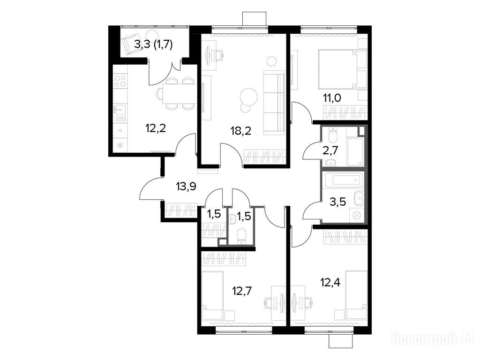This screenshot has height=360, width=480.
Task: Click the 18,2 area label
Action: tap(240, 131)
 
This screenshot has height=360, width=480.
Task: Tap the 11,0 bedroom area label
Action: tap(332, 98)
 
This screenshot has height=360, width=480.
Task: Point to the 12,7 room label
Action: tap(242, 290)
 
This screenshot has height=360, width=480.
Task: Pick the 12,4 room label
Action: tap(330, 282)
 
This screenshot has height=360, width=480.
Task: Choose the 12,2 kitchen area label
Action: tap(156, 128)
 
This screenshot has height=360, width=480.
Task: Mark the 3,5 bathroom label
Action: tap(337, 202)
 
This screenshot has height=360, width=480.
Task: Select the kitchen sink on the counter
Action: tap(120, 109)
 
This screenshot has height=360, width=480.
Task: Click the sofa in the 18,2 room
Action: tap(274, 102)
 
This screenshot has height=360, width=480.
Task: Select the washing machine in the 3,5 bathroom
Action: tap(357, 215)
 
